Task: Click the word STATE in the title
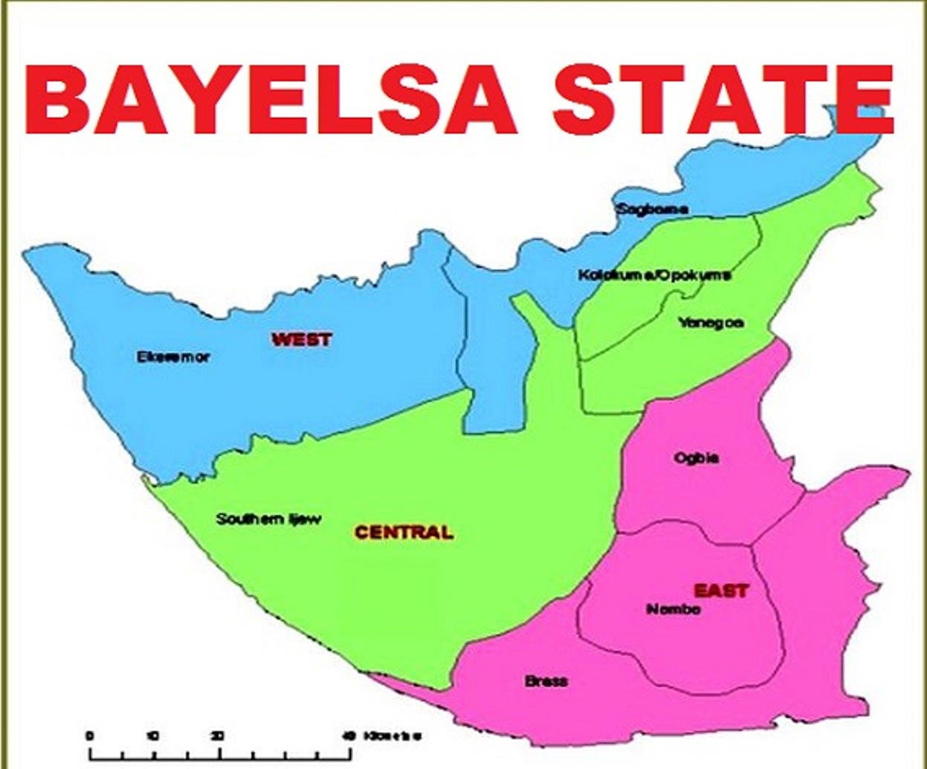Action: pos(722,99)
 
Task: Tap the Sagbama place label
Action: pos(652,209)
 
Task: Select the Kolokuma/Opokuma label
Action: pos(654,275)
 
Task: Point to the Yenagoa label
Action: pos(711,323)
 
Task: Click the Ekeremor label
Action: pos(173,357)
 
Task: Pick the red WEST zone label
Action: pos(302,340)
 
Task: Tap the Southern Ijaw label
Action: pos(268,519)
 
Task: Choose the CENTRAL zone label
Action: pos(404,532)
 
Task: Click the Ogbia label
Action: pos(697,458)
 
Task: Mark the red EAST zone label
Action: pos(721,591)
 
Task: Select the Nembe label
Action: pos(674,610)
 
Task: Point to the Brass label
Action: pos(546,681)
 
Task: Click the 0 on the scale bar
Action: pos(90,736)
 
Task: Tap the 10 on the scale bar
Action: pos(153,736)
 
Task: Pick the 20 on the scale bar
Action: pos(218,736)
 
